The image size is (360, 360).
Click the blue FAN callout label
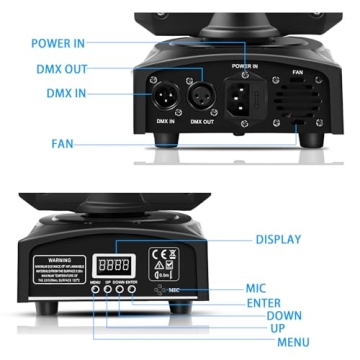[x=63, y=143]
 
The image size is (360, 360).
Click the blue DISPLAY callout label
[x=280, y=240]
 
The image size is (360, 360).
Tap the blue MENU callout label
[x=293, y=344]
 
